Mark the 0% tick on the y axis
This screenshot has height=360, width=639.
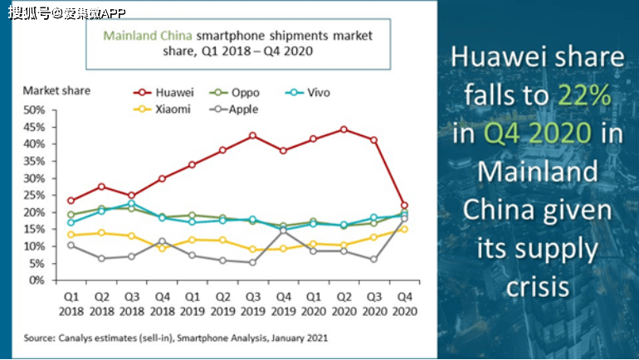coord(37,280)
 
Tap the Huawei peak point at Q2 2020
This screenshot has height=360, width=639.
coord(344,129)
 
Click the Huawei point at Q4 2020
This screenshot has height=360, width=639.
coord(404,205)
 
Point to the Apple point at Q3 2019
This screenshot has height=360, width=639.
coord(252,262)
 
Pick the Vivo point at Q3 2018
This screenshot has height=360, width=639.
coord(131,203)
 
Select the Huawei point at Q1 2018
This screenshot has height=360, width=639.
coord(71,201)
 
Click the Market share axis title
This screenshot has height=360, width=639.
coord(56,90)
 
